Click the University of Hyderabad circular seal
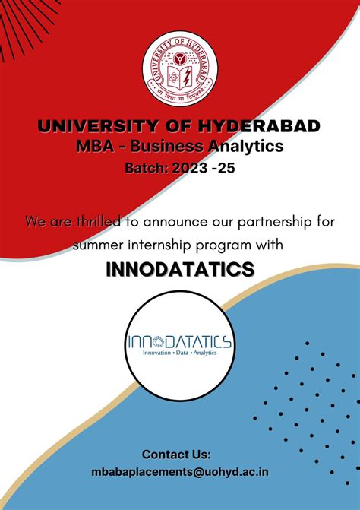pos(179,69)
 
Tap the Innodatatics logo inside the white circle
pos(179,341)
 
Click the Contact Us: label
pos(176,455)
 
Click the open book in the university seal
pos(179,76)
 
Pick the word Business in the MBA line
pos(160,146)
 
